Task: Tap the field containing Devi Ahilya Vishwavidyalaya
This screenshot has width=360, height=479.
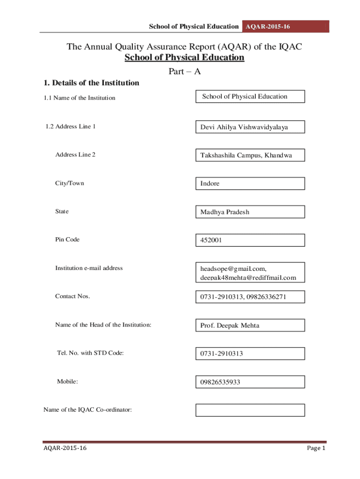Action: [x=250, y=127]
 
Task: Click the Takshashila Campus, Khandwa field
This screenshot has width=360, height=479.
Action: [x=250, y=155]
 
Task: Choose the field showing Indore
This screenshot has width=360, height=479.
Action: [x=250, y=183]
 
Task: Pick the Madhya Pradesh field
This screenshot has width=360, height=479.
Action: [x=250, y=212]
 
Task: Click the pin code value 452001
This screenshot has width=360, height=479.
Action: [x=250, y=240]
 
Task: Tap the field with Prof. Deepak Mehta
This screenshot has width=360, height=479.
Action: [x=250, y=325]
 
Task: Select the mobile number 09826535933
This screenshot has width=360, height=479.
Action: [x=250, y=382]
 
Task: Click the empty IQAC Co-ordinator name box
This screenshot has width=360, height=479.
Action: [x=250, y=410]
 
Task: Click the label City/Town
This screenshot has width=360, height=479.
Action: [x=70, y=183]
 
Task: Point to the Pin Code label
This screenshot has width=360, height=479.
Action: [x=67, y=239]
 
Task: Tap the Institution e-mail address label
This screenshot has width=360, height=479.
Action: [x=89, y=268]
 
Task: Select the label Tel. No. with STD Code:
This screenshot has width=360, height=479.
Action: [x=90, y=353]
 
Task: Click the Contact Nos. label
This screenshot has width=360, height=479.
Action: [x=72, y=296]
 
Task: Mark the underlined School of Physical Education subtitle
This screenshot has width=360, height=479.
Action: [x=184, y=58]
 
